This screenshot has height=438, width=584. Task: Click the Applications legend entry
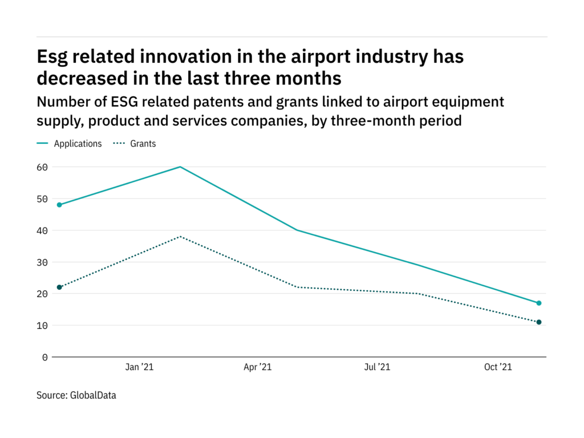(78, 144)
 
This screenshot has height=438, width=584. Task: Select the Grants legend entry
(143, 144)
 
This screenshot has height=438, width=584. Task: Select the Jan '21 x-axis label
(139, 368)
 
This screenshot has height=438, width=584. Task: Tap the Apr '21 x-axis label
(258, 368)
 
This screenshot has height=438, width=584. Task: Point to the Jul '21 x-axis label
(377, 368)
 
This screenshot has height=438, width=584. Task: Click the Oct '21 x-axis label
(498, 368)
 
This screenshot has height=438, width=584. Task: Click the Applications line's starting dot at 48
(59, 205)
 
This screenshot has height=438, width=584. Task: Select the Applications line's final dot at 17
(539, 303)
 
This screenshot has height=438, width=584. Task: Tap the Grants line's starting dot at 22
(59, 287)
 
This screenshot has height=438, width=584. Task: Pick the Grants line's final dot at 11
(539, 322)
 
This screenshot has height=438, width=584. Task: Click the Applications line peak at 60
(180, 167)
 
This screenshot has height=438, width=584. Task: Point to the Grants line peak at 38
(180, 236)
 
